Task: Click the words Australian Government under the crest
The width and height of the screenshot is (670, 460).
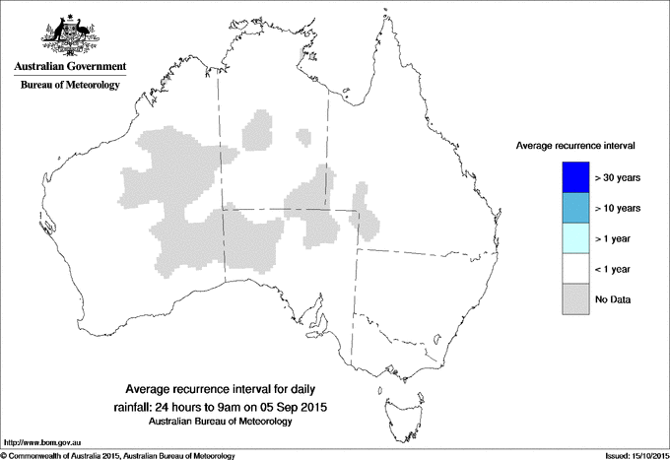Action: [70, 67]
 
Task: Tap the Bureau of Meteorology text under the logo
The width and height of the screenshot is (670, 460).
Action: [70, 86]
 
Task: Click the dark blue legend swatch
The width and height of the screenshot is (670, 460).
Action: [573, 177]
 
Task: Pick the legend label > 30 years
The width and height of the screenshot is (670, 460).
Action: [619, 178]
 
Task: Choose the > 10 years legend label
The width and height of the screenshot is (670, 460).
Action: [619, 209]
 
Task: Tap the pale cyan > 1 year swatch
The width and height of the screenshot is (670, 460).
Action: [573, 238]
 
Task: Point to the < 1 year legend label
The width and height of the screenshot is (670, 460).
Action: [617, 269]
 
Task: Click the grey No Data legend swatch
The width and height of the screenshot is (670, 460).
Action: [573, 298]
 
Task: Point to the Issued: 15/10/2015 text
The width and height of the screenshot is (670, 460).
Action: [627, 455]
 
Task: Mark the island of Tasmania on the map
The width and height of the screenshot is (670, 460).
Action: [394, 401]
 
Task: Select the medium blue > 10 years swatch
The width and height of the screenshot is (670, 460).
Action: [573, 208]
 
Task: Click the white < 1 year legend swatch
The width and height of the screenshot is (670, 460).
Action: [573, 268]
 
